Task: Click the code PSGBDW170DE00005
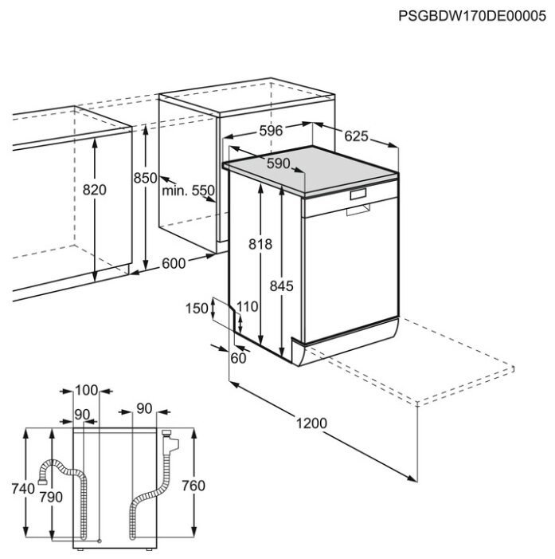471,16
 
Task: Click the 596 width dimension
271,131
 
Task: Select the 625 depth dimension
356,136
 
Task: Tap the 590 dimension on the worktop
279,163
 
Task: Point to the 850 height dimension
145,178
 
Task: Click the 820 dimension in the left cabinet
94,190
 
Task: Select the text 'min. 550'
189,191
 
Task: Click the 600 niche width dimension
174,263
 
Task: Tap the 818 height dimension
260,244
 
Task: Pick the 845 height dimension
281,286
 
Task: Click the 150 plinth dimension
197,309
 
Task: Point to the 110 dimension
248,306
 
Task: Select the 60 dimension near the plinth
238,358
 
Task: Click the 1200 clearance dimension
311,423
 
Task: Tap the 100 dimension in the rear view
86,391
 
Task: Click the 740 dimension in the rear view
23,488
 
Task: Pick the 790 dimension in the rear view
51,497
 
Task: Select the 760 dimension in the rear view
193,486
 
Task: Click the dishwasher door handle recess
358,211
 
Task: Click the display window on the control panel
358,195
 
